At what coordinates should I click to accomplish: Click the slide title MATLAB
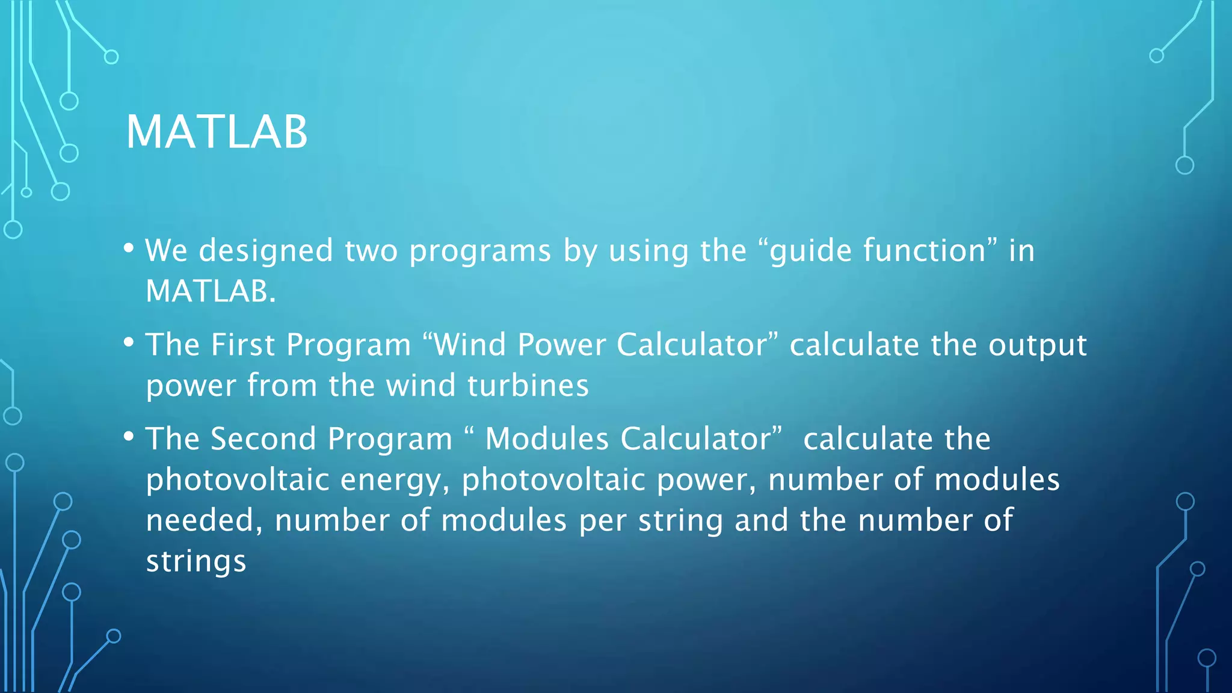click(217, 132)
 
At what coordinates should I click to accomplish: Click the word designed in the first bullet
click(266, 250)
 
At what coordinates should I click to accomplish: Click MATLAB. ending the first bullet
click(211, 291)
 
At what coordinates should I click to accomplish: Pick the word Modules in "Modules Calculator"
click(547, 439)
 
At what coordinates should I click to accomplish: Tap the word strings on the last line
click(196, 562)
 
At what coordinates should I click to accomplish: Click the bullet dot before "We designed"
click(129, 248)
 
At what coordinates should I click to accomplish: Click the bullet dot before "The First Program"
click(129, 342)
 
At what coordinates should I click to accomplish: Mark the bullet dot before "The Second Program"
click(129, 437)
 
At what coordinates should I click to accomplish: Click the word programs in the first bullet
click(479, 251)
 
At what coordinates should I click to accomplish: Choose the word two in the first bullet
click(371, 251)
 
